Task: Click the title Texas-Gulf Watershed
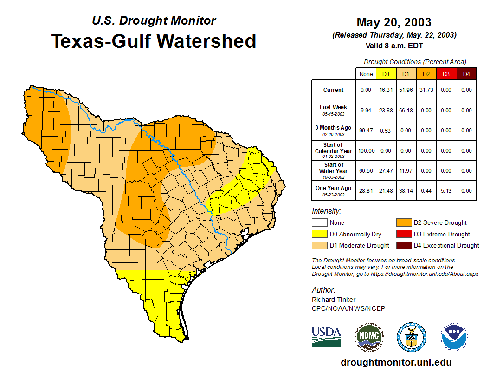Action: click(153, 41)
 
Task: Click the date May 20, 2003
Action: click(393, 22)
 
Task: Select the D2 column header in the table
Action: click(426, 74)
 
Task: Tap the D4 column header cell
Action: click(466, 74)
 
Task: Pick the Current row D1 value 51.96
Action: click(406, 90)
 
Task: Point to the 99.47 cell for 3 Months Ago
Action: click(366, 131)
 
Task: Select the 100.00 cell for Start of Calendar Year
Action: click(366, 151)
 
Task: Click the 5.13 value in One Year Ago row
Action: click(446, 191)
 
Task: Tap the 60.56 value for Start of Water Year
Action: click(366, 171)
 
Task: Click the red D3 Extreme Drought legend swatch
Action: click(403, 234)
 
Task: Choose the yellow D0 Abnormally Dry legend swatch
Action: click(319, 234)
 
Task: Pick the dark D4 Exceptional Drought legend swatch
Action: click(403, 245)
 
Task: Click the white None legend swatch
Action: click(319, 223)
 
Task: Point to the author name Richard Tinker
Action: click(334, 300)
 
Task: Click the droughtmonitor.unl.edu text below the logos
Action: click(396, 362)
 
